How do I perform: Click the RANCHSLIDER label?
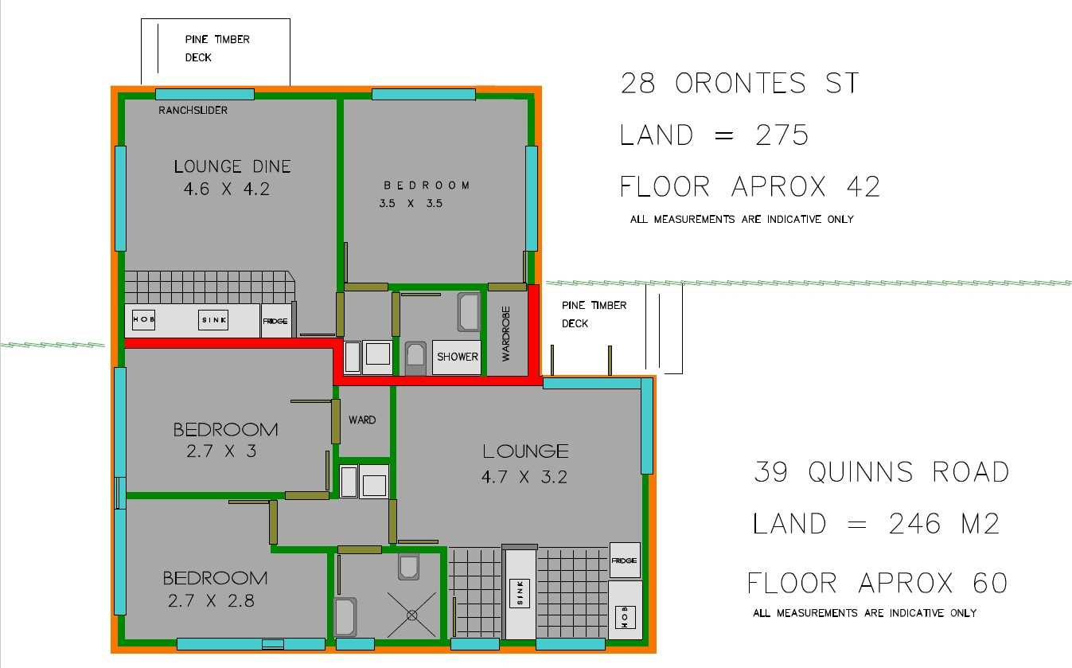coord(193,110)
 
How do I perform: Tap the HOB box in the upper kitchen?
coord(143,319)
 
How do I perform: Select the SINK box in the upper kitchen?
coord(213,320)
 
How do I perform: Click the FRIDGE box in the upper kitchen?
coord(275,321)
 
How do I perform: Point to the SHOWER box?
coord(457,357)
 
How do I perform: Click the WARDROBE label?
coord(506,334)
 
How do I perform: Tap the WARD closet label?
coord(362,420)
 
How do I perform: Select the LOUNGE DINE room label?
coord(232,166)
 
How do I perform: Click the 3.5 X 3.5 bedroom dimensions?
coord(411,203)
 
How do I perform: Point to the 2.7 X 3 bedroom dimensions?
coord(221,451)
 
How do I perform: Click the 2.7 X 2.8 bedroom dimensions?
coord(211,600)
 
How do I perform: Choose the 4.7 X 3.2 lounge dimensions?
coord(524,477)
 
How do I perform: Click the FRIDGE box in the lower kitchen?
coord(625,561)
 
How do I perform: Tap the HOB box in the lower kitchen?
coord(625,617)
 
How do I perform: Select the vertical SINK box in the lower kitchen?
coord(520,593)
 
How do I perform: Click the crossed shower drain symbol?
coord(411,615)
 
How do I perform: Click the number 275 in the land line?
coord(782,135)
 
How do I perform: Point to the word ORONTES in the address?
coord(740,83)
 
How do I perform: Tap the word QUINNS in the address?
coord(861,472)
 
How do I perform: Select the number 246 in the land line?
coord(915,523)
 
